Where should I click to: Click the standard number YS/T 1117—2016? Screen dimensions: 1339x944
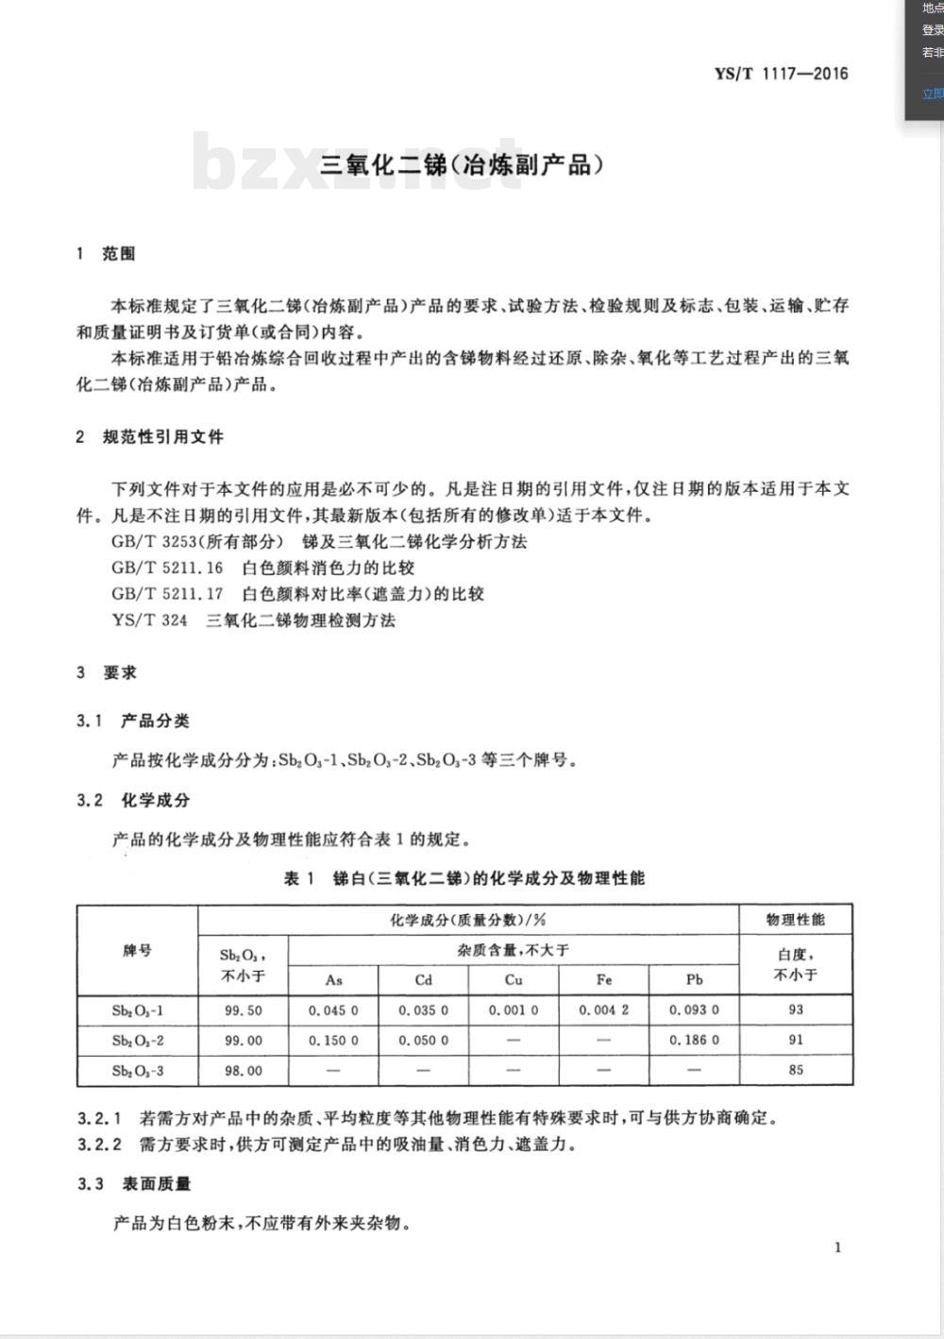(781, 74)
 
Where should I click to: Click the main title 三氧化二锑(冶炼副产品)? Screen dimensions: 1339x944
(462, 165)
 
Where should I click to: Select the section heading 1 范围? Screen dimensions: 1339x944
(107, 254)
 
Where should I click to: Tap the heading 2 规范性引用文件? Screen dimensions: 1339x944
(150, 437)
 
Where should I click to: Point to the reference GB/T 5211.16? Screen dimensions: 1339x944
(167, 568)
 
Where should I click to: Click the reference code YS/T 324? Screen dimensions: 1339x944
(149, 620)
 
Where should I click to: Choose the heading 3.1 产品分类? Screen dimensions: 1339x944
(133, 721)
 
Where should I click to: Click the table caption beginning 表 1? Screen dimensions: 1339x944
(464, 878)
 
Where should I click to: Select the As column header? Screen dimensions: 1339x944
(333, 979)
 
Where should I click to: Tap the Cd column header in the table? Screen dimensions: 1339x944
(423, 979)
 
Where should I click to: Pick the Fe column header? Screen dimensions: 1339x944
(604, 979)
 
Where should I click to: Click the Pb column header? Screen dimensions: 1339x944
(694, 979)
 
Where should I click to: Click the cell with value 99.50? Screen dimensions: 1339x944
(243, 1010)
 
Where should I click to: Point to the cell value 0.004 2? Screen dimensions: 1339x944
(604, 1010)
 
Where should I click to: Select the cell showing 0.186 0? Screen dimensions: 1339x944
(694, 1041)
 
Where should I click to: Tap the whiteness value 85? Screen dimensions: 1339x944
(796, 1070)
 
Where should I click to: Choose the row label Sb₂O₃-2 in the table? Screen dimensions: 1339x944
(138, 1041)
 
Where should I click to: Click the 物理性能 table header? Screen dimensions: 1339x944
(796, 920)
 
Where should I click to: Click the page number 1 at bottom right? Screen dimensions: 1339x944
(837, 1247)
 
